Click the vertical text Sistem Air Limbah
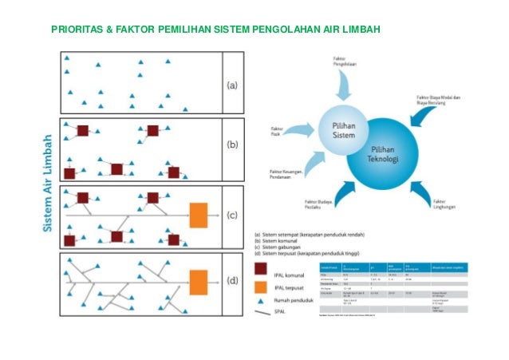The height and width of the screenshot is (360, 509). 48,183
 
